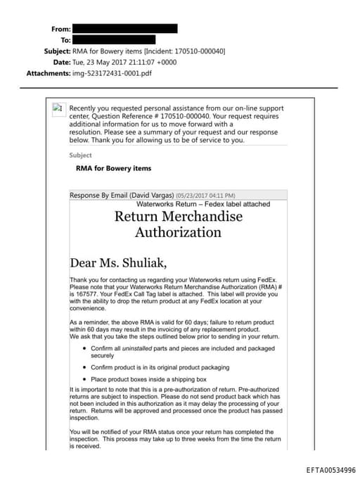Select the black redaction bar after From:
tap(124, 29)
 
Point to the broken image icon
tap(58, 108)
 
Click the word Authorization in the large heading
tap(178, 232)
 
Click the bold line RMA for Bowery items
tap(113, 168)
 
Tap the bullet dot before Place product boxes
tap(84, 379)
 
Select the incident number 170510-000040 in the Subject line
tap(199, 51)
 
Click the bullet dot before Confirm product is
tap(84, 367)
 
